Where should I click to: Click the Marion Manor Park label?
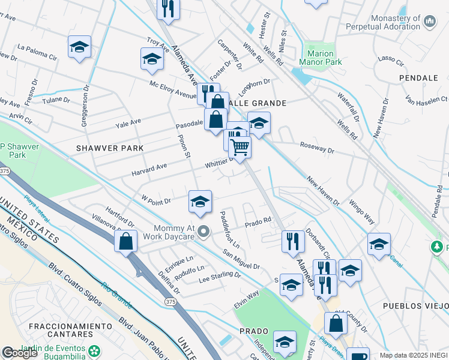[x=325, y=57]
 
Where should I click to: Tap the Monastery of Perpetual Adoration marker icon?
[x=430, y=22]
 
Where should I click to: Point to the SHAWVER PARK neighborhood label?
[x=110, y=148]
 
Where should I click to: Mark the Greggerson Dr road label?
[x=85, y=109]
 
